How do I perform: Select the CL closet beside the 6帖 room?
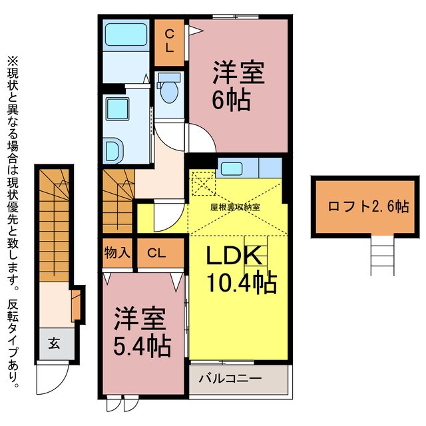(x=170, y=41)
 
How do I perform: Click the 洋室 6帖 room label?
(x=238, y=86)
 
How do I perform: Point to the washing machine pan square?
(x=120, y=108)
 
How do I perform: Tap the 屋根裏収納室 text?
(x=235, y=206)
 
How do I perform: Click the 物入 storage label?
(x=116, y=253)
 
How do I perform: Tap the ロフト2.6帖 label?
(x=359, y=206)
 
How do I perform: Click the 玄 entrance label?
(x=53, y=344)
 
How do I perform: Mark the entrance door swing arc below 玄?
(x=53, y=382)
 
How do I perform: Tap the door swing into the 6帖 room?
(x=200, y=137)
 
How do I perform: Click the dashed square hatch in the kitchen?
(x=201, y=182)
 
